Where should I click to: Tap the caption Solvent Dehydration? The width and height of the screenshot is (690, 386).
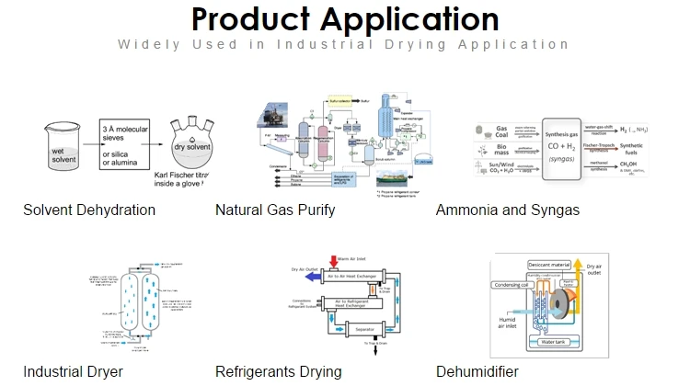click(89, 210)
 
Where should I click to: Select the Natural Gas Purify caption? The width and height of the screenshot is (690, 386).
click(274, 210)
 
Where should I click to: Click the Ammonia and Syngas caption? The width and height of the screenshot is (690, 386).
click(508, 210)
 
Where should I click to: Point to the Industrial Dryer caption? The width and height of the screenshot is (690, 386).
click(73, 372)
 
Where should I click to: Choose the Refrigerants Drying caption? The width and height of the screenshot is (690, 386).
click(278, 372)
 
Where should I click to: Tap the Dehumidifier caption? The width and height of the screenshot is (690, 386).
click(477, 372)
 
